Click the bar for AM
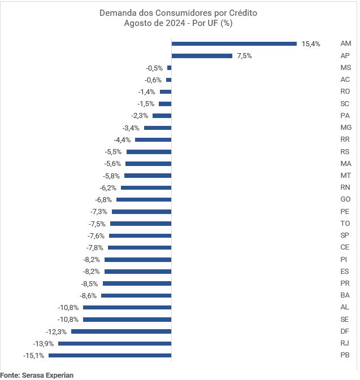[234, 43]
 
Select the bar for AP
[202, 56]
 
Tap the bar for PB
[110, 355]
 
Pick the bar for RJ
[115, 343]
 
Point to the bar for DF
[121, 331]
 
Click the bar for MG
[158, 128]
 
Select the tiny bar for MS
[169, 68]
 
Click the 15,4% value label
[311, 43]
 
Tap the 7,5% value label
[244, 56]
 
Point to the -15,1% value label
[34, 355]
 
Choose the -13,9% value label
[44, 343]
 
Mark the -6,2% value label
[108, 187]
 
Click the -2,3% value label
[140, 116]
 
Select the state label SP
[345, 235]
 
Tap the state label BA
[345, 295]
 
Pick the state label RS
[345, 151]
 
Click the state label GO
[345, 199]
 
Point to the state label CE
[345, 247]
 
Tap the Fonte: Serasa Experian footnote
[37, 374]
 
